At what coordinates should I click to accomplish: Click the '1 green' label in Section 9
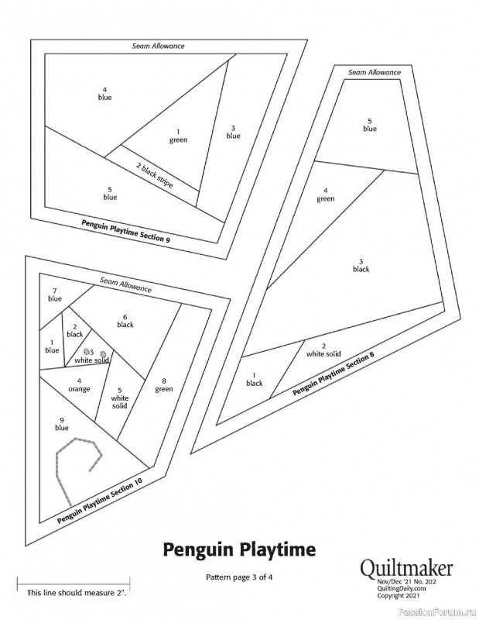coord(178,136)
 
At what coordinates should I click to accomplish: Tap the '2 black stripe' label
coord(155,175)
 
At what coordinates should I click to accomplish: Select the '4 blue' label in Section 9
coord(105,93)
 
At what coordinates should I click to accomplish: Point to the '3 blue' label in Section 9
coord(234,132)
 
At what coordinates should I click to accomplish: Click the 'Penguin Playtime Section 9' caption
coord(126,230)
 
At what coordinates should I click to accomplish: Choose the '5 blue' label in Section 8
coord(370,125)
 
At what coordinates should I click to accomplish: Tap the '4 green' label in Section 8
coord(326,195)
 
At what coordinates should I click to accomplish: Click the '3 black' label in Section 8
coord(361,265)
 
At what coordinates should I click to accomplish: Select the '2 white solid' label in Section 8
coord(323,350)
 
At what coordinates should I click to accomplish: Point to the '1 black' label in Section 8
coord(255,379)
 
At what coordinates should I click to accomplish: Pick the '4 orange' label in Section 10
coord(80,385)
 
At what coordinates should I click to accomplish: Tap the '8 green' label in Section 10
coord(164,385)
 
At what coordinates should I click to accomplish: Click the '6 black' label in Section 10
coord(125,321)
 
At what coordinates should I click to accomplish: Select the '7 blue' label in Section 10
coord(55,295)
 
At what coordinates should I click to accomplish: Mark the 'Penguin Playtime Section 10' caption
coord(100,501)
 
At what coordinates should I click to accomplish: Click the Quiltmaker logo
coord(406,569)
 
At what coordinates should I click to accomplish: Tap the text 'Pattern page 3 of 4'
coord(239,577)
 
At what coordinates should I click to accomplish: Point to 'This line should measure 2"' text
coord(77,593)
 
